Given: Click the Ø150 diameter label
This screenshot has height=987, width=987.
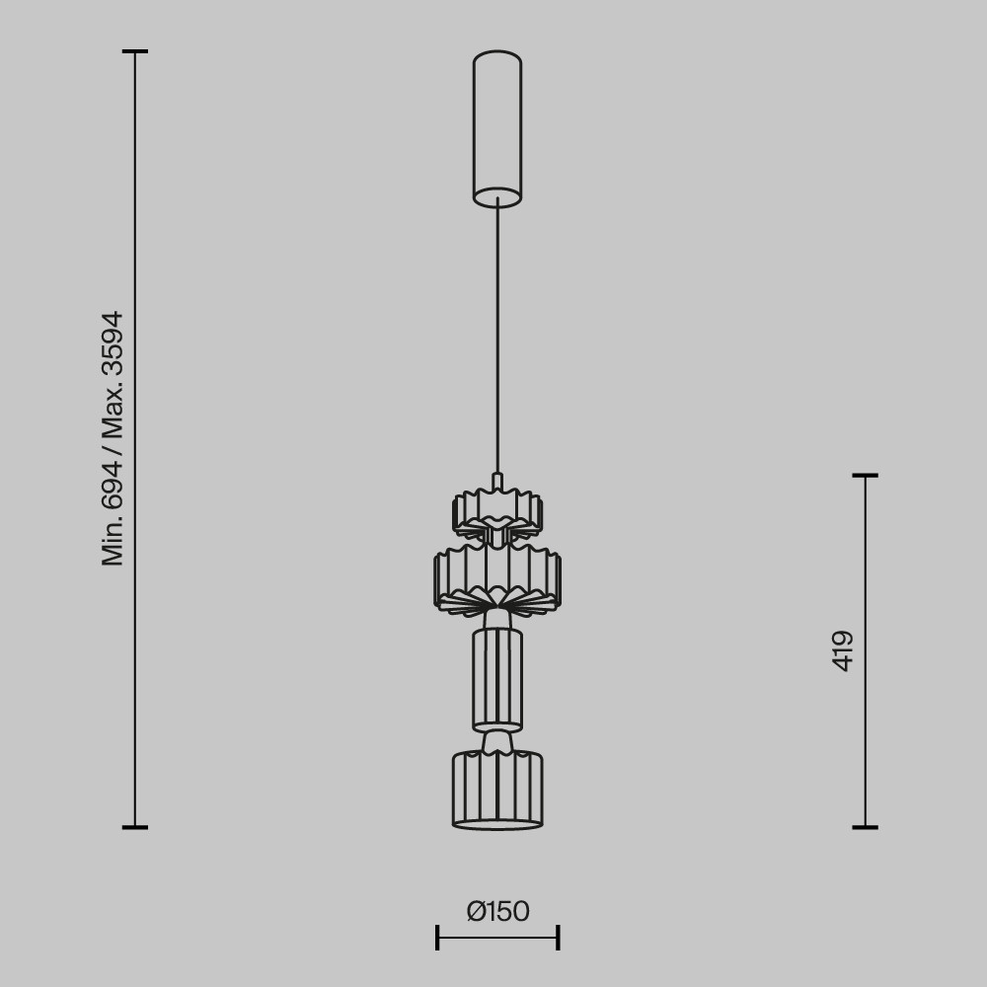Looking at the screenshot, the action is point(497,911).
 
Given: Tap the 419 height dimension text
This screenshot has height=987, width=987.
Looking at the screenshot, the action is point(842,651).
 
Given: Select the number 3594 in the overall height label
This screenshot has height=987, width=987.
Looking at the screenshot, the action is point(113,343).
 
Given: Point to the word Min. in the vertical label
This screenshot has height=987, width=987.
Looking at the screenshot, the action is point(113,541).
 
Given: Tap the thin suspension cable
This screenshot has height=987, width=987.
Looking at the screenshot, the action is point(497,336).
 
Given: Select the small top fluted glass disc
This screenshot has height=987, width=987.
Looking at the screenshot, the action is point(497,513).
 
